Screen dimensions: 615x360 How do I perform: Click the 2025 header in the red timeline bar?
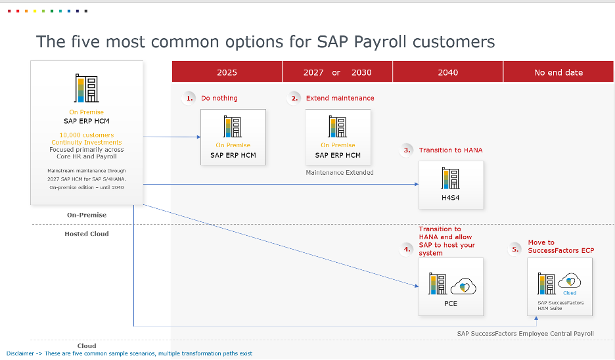[x=227, y=72]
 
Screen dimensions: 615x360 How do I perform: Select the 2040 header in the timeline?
[x=448, y=72]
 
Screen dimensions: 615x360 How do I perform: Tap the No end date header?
[x=558, y=72]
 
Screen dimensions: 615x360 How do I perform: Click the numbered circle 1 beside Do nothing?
[x=189, y=98]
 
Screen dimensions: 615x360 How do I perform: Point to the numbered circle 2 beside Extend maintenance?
[x=294, y=98]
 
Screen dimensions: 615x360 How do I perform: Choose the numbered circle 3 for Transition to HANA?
[x=407, y=150]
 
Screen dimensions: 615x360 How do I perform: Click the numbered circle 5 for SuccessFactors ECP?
[x=515, y=250]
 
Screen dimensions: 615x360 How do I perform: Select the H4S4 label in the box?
[x=450, y=198]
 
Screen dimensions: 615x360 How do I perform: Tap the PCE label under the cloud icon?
[x=451, y=304]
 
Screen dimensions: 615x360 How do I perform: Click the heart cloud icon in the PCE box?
[x=463, y=286]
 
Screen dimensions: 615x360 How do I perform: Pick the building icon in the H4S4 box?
[x=450, y=179]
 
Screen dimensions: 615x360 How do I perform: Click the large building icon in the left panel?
[x=86, y=88]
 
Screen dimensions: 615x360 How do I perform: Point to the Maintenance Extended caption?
[x=340, y=172]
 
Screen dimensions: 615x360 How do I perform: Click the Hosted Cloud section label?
[x=87, y=234]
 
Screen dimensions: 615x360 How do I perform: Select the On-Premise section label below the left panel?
[x=87, y=215]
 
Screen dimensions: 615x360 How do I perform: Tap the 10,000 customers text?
[x=87, y=135]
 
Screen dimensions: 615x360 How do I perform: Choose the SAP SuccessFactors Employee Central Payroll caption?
[x=525, y=333]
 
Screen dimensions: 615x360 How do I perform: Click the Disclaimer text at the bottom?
[x=129, y=353]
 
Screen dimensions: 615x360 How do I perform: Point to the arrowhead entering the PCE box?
[x=417, y=286]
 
